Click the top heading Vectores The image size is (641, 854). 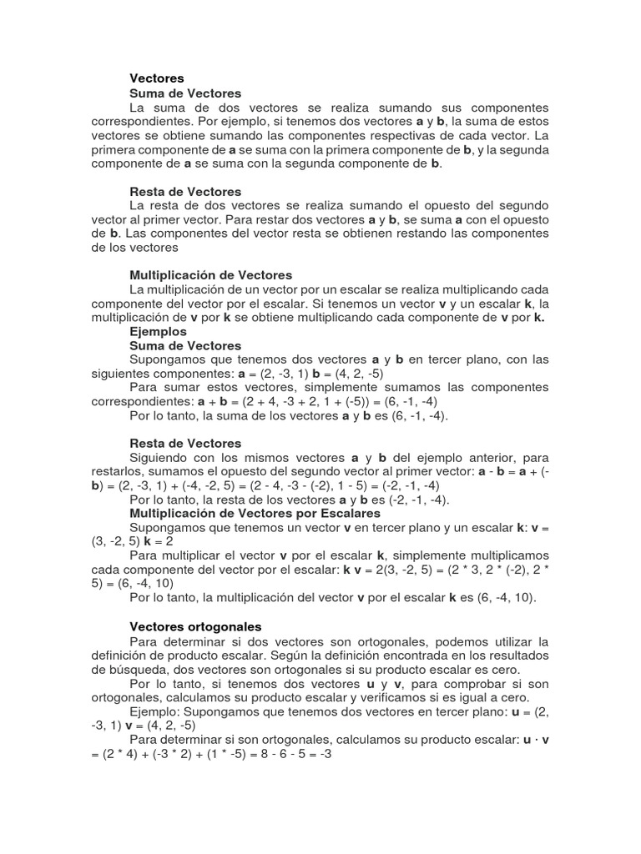point(157,78)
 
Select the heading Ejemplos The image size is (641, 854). point(159,331)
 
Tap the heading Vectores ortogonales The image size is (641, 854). point(196,625)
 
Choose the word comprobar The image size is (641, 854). point(477,683)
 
